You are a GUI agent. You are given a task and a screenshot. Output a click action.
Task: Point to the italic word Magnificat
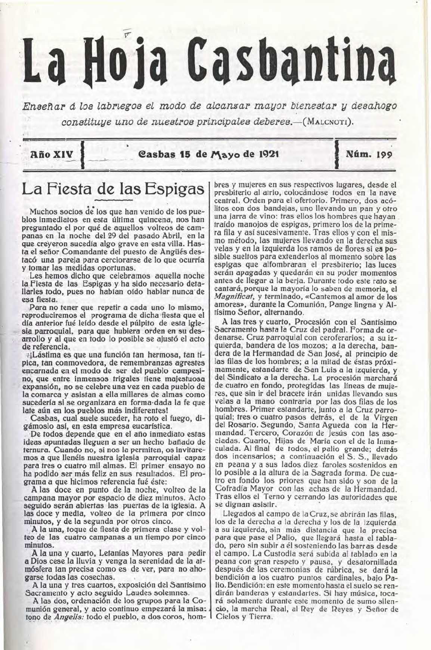235,297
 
